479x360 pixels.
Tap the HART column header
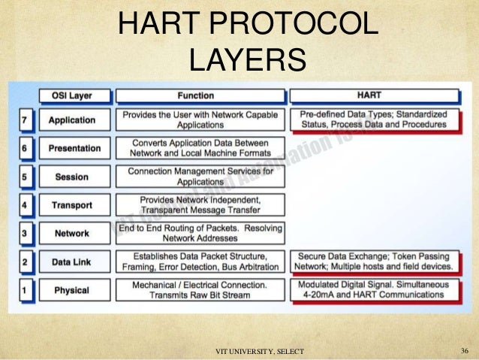pos(374,96)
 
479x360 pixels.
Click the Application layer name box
pos(72,120)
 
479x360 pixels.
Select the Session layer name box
pos(72,177)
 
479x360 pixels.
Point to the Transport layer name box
pos(72,205)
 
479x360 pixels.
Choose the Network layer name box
pos(72,234)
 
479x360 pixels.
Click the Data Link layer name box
pos(72,262)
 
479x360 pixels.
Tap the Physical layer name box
pos(72,290)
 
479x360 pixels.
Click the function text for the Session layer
pos(200,177)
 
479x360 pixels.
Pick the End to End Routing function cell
pos(200,233)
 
